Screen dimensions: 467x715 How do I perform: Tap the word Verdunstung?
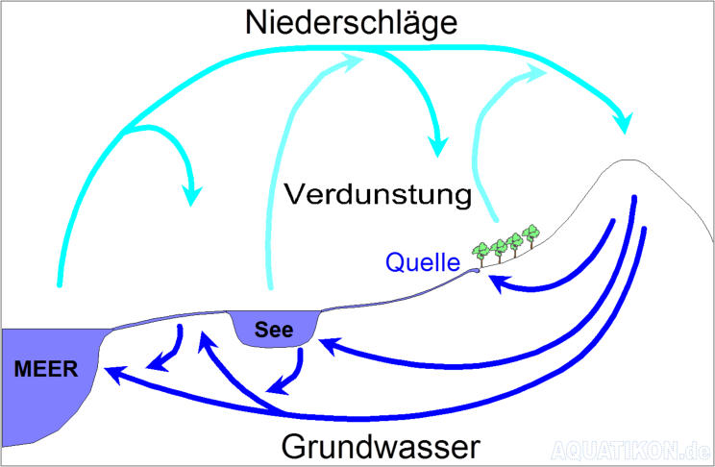pos(379,195)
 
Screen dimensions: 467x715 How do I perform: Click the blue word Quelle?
pos(424,261)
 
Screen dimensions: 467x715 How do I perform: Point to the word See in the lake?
pos(274,328)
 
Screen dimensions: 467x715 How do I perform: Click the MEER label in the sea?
pos(46,369)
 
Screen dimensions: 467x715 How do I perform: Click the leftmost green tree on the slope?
pos(481,251)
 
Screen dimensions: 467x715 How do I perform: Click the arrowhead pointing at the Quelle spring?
pos(496,280)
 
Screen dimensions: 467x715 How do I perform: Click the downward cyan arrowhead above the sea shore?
pos(193,195)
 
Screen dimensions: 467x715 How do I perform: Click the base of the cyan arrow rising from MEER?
pos(60,283)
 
